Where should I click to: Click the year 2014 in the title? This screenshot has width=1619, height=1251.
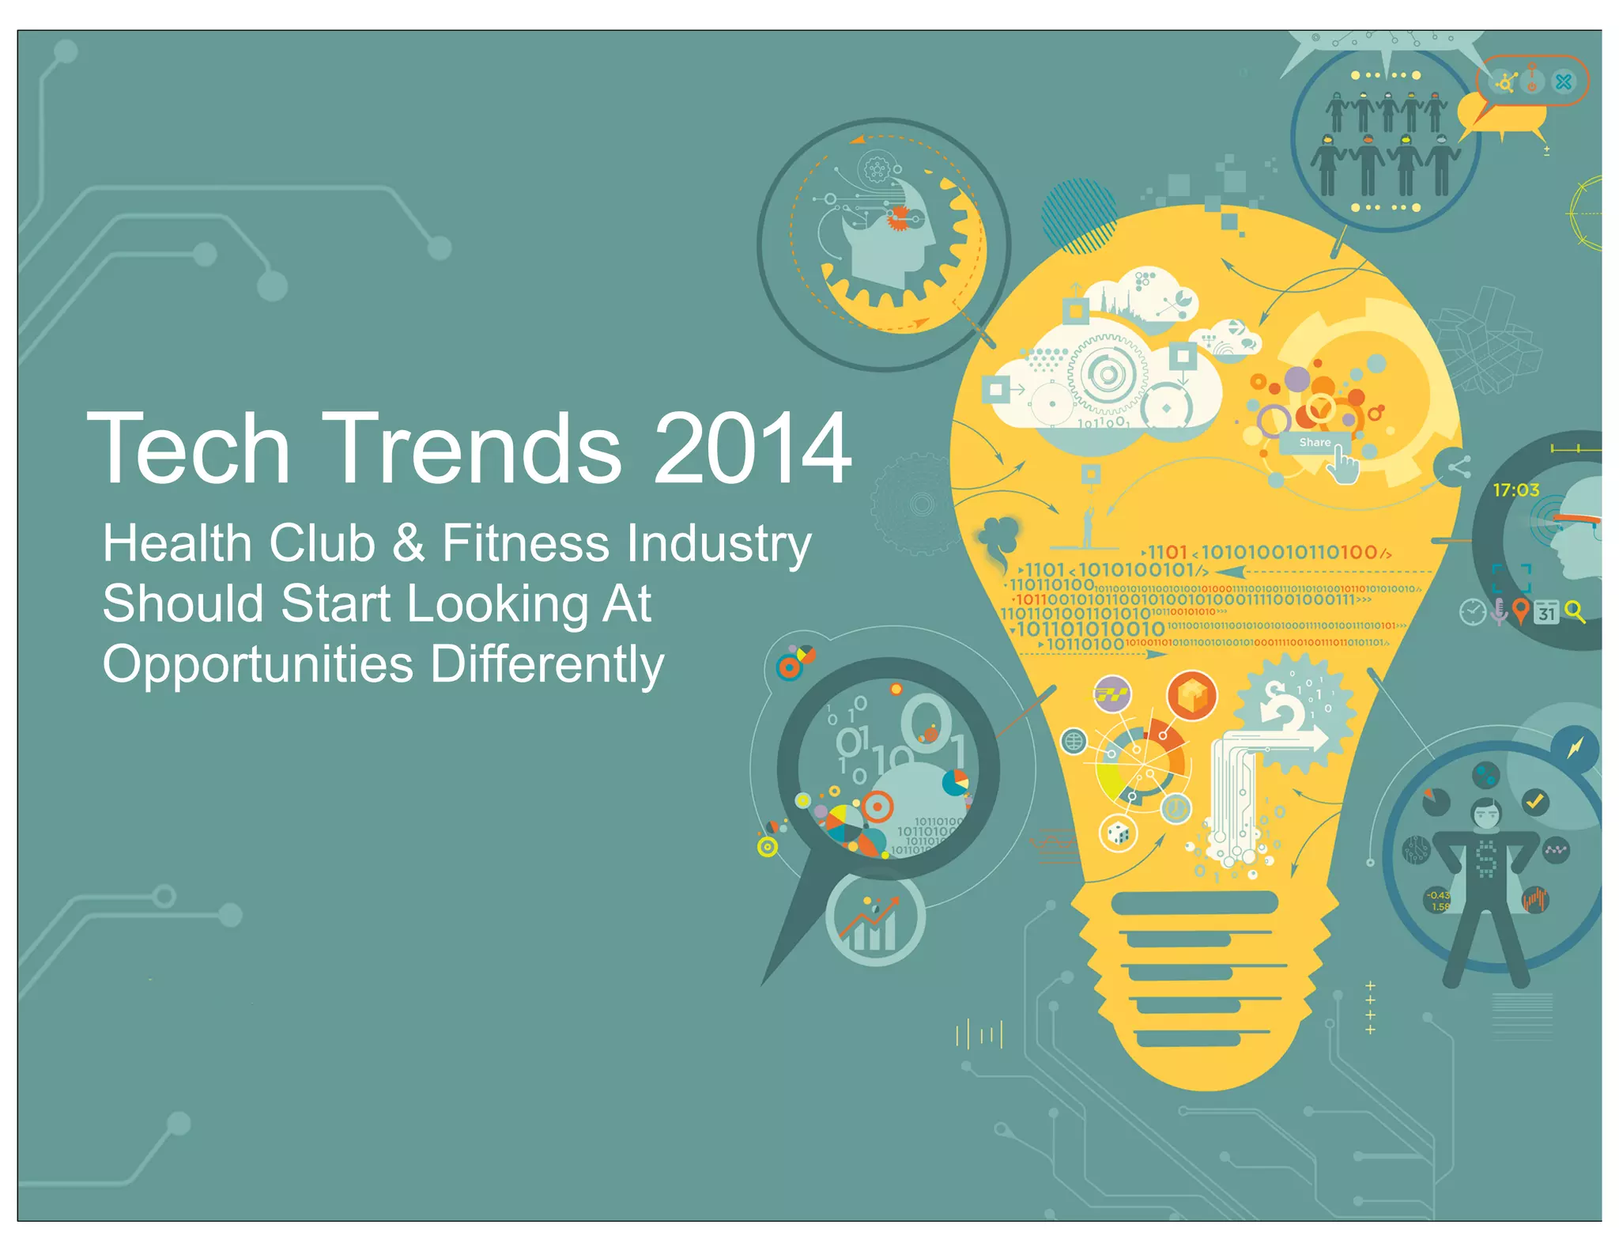click(x=752, y=448)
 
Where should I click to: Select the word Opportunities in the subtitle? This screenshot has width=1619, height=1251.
click(x=258, y=663)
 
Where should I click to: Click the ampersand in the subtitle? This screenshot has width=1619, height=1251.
click(x=408, y=543)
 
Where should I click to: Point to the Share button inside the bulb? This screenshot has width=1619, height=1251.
click(x=1315, y=443)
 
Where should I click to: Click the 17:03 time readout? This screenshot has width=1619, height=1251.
click(x=1515, y=490)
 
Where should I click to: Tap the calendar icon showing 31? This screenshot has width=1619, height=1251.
click(x=1546, y=612)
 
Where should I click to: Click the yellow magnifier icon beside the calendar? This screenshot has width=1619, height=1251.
click(x=1574, y=611)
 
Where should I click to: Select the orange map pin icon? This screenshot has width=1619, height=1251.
click(x=1520, y=610)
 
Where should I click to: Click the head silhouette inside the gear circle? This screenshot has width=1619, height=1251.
click(x=889, y=237)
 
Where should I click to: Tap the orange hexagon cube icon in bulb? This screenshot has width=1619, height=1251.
click(x=1192, y=697)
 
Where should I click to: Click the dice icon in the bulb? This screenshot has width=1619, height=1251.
click(x=1118, y=833)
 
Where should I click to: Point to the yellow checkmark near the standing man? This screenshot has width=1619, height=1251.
click(x=1534, y=802)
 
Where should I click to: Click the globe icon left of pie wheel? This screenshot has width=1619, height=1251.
click(x=1074, y=742)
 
